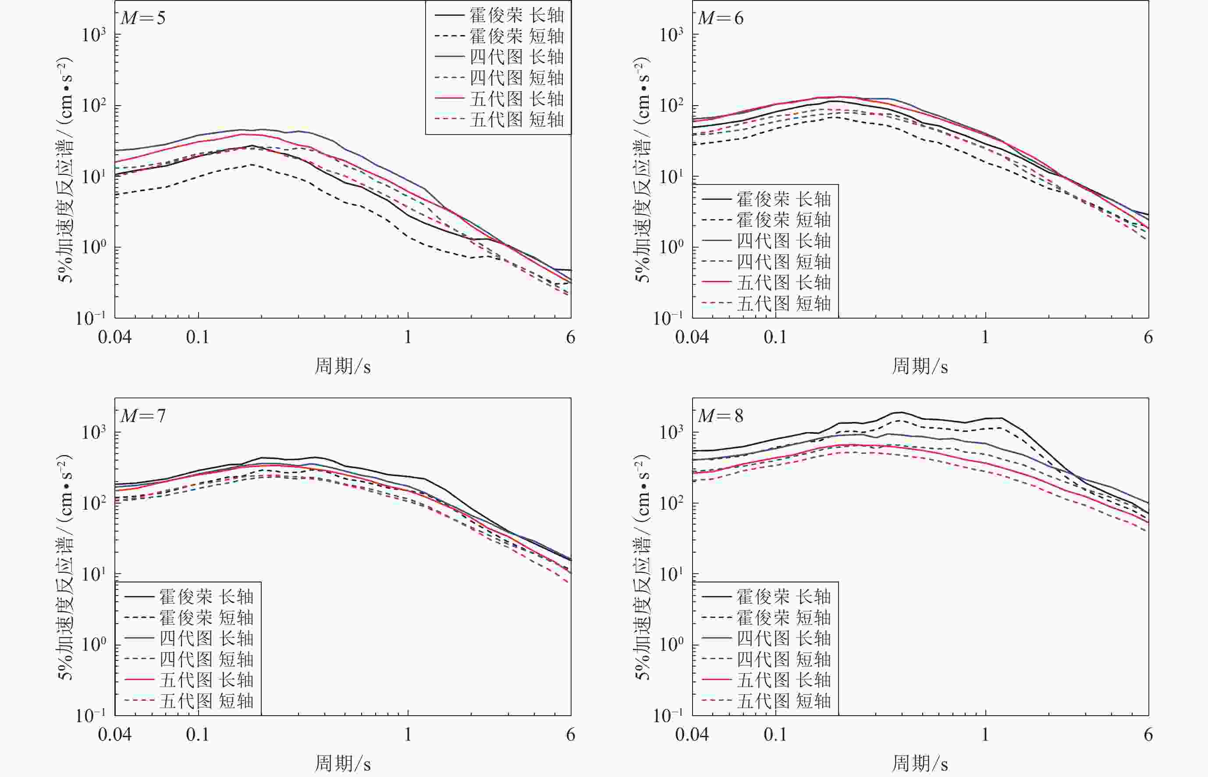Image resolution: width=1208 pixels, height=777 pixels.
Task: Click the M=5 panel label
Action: pyautogui.click(x=143, y=18)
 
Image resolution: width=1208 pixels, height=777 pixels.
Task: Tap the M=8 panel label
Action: pyautogui.click(x=721, y=416)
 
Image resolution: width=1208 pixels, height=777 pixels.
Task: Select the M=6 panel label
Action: pyautogui.click(x=721, y=18)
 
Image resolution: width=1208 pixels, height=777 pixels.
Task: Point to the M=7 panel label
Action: pyautogui.click(x=143, y=416)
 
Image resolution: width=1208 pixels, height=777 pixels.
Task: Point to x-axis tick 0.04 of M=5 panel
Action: pyautogui.click(x=115, y=337)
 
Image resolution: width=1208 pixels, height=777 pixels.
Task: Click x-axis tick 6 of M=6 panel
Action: pyautogui.click(x=1148, y=337)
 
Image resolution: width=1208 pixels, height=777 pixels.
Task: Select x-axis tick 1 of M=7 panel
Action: pyautogui.click(x=408, y=734)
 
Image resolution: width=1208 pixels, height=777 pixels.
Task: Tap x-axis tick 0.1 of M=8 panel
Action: pyautogui.click(x=775, y=734)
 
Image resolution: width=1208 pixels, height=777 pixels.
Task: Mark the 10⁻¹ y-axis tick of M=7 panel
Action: pyautogui.click(x=91, y=716)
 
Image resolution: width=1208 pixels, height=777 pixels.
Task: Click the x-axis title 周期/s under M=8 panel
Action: pyautogui.click(x=920, y=764)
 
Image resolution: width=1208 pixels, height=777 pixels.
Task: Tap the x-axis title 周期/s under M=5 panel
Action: pyautogui.click(x=343, y=366)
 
